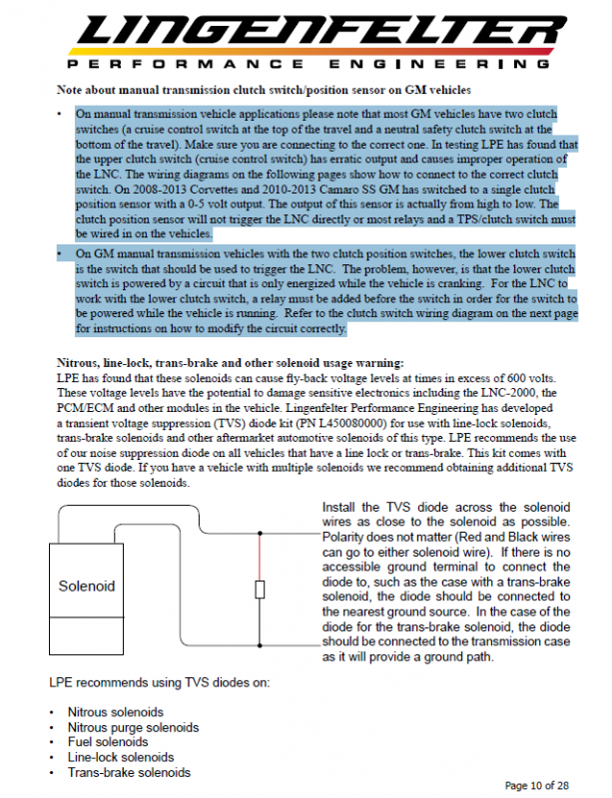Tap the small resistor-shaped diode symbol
click(x=262, y=591)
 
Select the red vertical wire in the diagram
click(x=262, y=559)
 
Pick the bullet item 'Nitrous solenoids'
click(x=116, y=712)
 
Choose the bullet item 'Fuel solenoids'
click(x=108, y=742)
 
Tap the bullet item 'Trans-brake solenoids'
click(x=129, y=772)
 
